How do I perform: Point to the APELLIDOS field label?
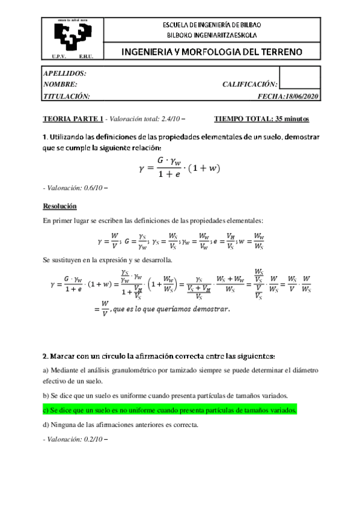click(65, 73)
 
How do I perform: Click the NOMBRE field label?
click(60, 84)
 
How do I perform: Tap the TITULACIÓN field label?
click(67, 96)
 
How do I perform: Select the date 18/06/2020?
click(302, 96)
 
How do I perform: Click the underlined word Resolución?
click(59, 206)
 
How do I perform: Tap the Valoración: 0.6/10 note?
click(75, 188)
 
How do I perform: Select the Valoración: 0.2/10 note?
click(75, 439)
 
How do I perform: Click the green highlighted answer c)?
click(170, 410)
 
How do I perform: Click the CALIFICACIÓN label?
click(249, 84)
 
